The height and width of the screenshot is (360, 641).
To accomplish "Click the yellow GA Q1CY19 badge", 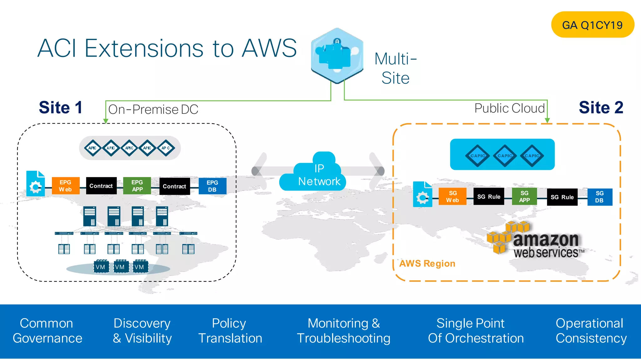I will tap(592, 25).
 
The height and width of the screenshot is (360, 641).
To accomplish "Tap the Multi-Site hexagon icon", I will tap(337, 56).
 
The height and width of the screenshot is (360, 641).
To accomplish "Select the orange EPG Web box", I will tap(65, 186).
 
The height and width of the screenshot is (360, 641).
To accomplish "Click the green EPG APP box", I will tap(137, 186).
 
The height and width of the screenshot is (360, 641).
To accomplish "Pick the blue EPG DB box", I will tap(212, 186).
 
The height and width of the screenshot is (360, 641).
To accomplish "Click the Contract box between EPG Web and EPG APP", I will tap(101, 186).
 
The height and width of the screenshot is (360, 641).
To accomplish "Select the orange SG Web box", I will tap(453, 197).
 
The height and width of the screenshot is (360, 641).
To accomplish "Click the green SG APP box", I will tap(524, 197).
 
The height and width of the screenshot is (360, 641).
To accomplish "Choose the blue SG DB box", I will tap(599, 197).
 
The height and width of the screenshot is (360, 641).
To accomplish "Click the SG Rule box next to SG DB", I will tap(562, 197).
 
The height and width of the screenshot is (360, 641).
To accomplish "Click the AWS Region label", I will tap(427, 264).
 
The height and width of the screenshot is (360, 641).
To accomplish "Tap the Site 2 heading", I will tap(601, 108).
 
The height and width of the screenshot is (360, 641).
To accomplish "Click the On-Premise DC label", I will tap(153, 109).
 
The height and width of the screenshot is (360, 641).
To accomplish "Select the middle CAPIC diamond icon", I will tap(505, 155).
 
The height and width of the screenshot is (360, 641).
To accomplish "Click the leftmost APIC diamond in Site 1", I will tap(93, 148).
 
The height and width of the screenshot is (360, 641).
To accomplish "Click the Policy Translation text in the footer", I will tap(230, 331).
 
